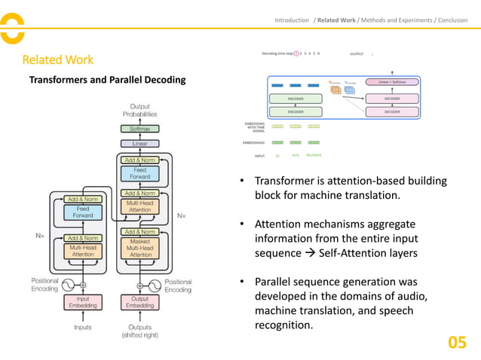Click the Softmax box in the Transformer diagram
[140, 129]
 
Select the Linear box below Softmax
[140, 143]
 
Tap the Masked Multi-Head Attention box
[140, 249]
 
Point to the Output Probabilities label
[140, 111]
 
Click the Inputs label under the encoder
[83, 327]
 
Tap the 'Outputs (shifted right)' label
[140, 331]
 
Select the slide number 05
[457, 343]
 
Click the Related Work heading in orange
[58, 59]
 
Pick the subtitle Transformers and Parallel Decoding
[106, 79]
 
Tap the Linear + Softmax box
[392, 81]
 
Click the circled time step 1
[296, 53]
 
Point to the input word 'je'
[277, 155]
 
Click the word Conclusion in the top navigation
[455, 20]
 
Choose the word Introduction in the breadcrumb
[292, 20]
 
